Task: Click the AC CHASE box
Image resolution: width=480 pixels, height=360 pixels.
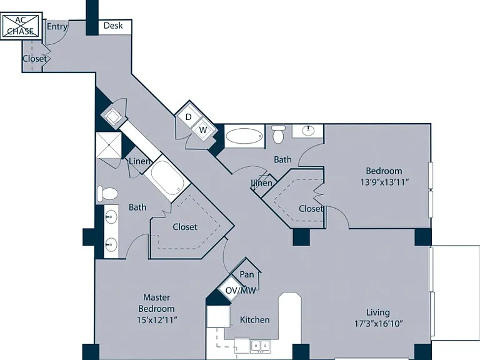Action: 21,26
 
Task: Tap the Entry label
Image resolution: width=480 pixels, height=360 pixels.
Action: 57,27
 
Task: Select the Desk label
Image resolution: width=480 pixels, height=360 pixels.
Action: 113,26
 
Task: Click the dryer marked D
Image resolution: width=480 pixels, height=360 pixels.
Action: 188,117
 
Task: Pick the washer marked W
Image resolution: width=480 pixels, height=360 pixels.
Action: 203,130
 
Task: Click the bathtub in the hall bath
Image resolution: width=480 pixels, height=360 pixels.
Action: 244,136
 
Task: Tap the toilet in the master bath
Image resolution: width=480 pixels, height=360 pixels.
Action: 107,194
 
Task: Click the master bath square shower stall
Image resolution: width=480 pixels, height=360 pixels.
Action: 109,145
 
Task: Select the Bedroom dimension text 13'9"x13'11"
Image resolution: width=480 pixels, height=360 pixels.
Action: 384,182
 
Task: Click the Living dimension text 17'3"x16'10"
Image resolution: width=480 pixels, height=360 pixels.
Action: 378,324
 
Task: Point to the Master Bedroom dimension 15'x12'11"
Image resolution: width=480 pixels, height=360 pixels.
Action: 157,320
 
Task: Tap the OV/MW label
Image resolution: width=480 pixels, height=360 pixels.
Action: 240,291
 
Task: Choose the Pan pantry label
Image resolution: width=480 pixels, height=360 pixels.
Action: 247,274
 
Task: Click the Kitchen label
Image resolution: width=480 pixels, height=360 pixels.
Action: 255,320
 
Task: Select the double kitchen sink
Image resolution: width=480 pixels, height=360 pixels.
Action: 261,346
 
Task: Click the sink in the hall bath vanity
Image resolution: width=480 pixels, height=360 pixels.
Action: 308,131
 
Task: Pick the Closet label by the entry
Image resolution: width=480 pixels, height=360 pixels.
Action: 35,59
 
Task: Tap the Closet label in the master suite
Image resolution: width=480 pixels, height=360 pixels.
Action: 185,227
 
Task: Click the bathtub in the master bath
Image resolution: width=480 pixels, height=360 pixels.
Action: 167,178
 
